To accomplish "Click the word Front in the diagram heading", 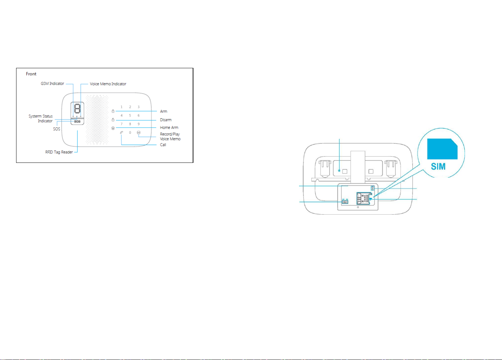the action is coord(31,74).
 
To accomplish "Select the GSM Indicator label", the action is coord(52,84).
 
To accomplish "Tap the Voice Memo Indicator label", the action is coord(108,84).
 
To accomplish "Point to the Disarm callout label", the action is coord(166,120).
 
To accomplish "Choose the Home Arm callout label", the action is coord(169,128).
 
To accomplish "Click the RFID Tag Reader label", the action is coord(59,152).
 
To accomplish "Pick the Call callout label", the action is coord(163,145).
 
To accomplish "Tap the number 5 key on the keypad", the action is coord(130,116).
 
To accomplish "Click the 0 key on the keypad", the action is coord(130,133).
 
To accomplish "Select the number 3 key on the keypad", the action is coord(139,107).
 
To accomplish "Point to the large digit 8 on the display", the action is coord(77,109).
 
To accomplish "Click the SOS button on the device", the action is coord(77,121).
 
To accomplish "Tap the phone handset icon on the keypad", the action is coord(121,133).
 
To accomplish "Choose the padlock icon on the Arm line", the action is coord(113,111).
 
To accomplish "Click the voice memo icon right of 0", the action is coord(139,133).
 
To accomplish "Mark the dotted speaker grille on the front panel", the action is coord(97,119).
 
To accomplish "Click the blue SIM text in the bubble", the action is coord(438,167).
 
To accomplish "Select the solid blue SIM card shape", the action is coord(442,149).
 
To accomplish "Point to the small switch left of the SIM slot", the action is coord(345,202).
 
